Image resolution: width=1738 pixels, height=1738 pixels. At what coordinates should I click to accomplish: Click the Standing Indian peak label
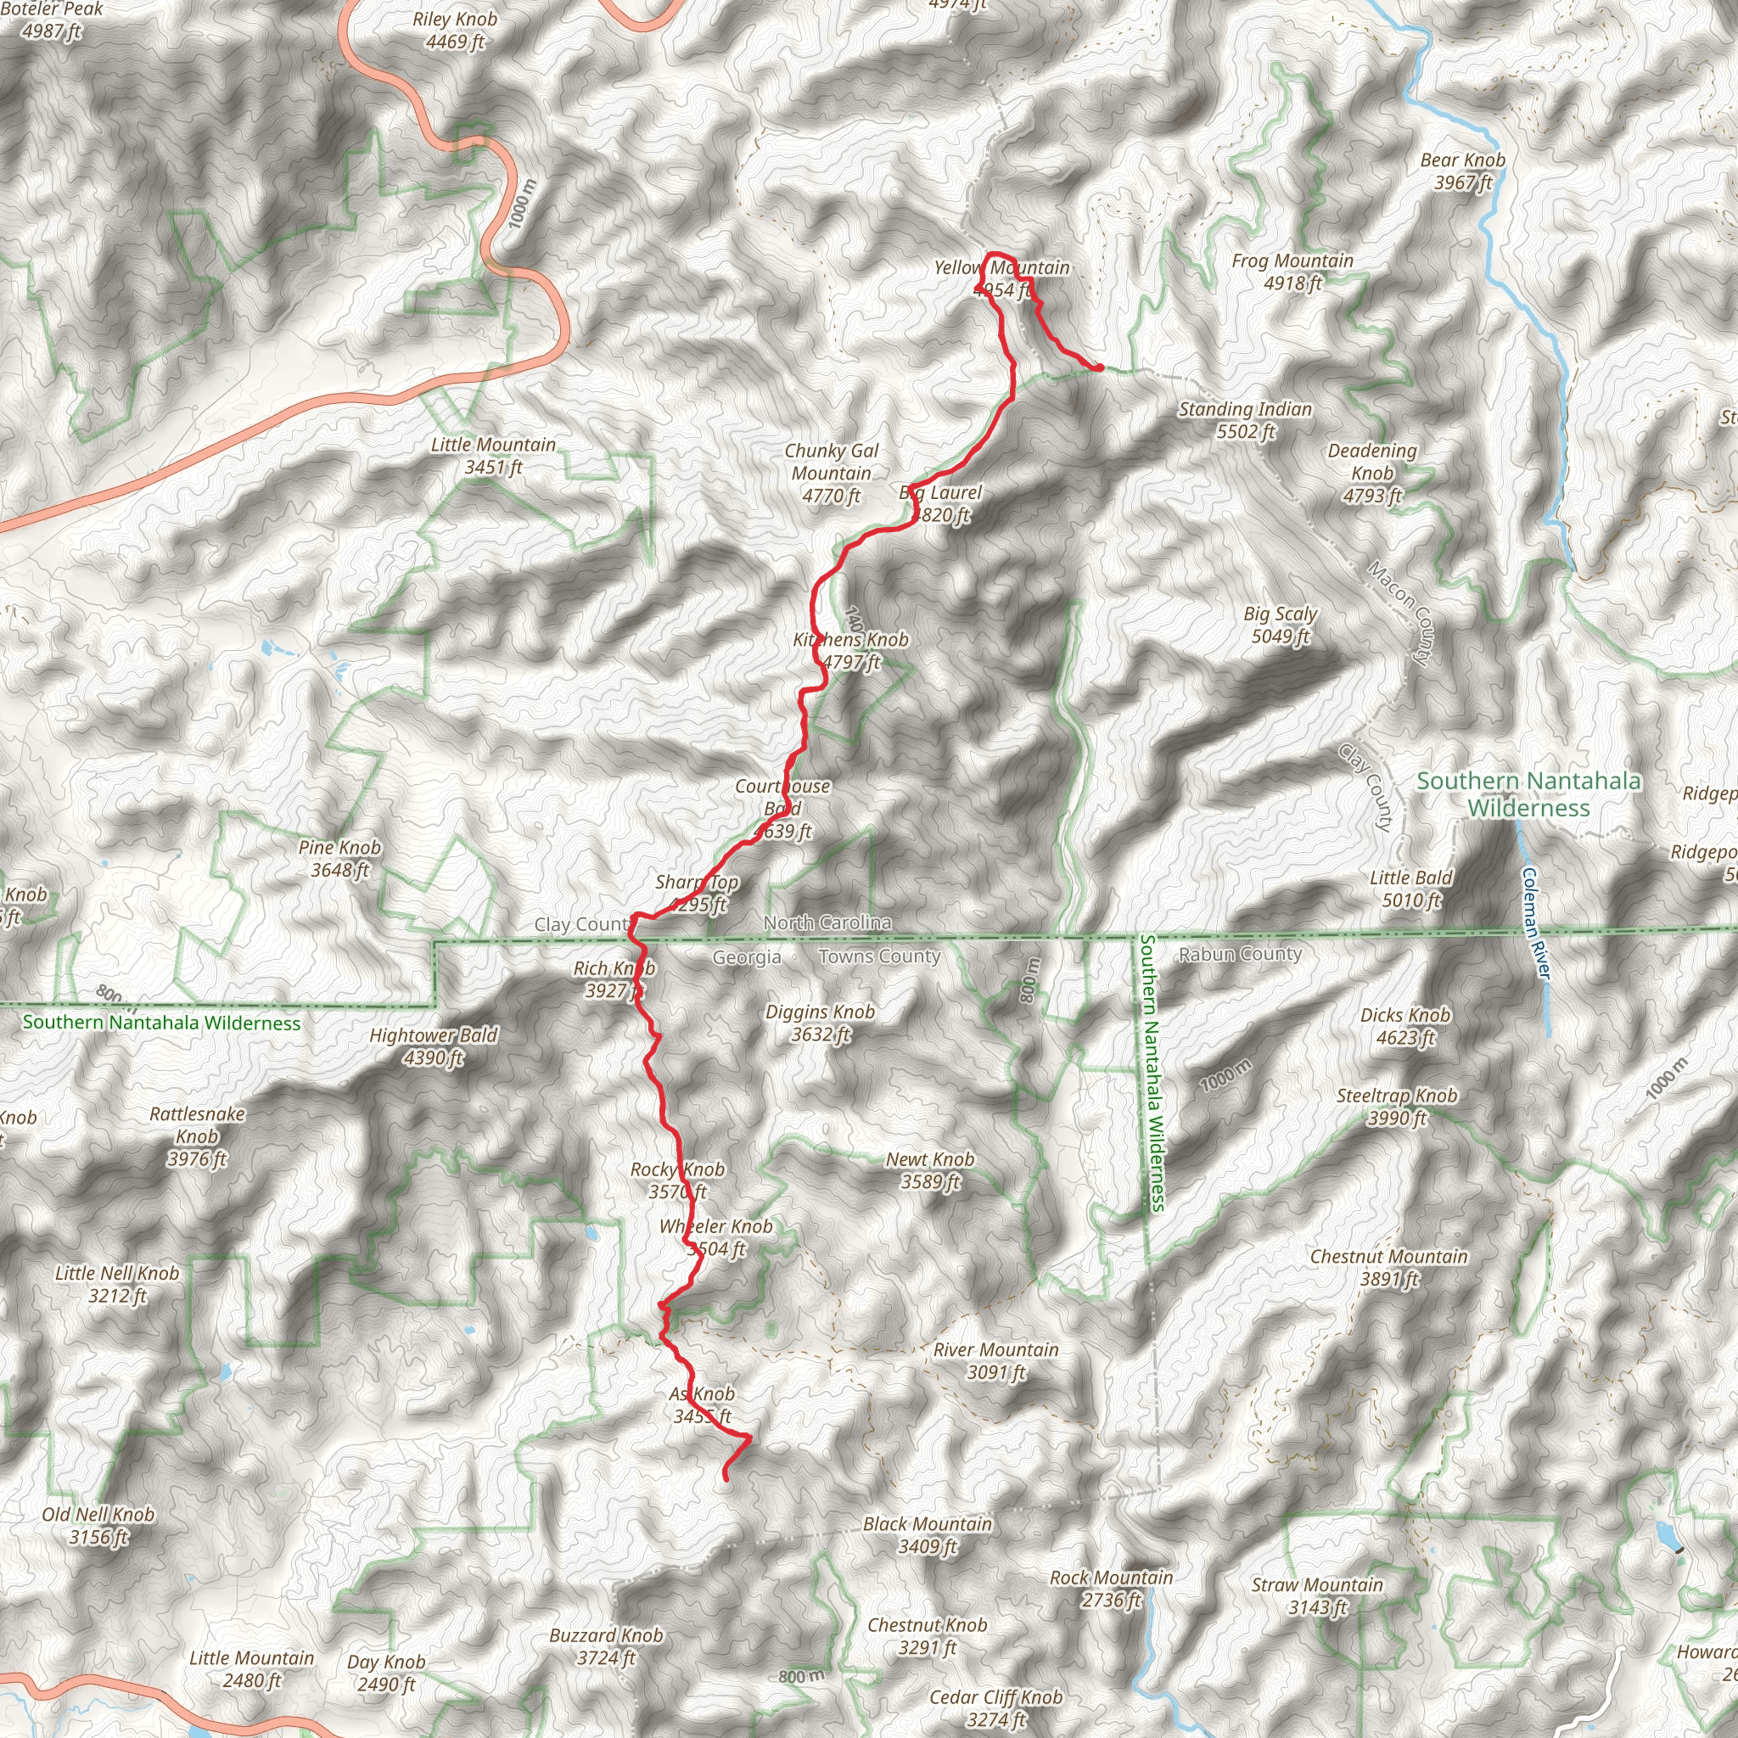pyautogui.click(x=1245, y=420)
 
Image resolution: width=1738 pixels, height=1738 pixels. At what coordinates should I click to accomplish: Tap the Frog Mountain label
pyautogui.click(x=1292, y=272)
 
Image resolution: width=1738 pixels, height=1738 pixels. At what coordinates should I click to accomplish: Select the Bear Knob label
pyautogui.click(x=1463, y=171)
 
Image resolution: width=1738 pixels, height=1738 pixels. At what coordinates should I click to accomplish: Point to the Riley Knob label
pyautogui.click(x=455, y=30)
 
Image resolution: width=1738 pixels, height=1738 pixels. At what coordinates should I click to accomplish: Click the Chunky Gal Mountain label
pyautogui.click(x=831, y=474)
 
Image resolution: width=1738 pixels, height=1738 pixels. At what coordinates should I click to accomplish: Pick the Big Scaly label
pyautogui.click(x=1280, y=625)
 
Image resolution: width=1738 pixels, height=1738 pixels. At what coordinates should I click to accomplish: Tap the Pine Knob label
pyautogui.click(x=339, y=858)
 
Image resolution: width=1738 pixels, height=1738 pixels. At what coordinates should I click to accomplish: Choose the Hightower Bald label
pyautogui.click(x=434, y=1046)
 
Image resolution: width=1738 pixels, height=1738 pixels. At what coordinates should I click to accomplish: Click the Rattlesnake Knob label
pyautogui.click(x=197, y=1136)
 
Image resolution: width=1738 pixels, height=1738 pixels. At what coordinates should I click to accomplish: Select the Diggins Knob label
pyautogui.click(x=820, y=1023)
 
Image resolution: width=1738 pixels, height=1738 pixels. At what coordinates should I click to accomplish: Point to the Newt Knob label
pyautogui.click(x=930, y=1170)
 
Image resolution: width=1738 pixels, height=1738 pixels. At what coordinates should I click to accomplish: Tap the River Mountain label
pyautogui.click(x=995, y=1361)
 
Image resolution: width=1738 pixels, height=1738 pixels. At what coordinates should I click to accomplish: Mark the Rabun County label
pyautogui.click(x=1240, y=955)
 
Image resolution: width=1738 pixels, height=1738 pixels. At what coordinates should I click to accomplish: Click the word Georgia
pyautogui.click(x=746, y=958)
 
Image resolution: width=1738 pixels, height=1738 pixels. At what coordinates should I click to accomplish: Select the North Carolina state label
pyautogui.click(x=827, y=923)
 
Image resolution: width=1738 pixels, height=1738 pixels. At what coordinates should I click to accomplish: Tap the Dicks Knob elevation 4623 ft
pyautogui.click(x=1405, y=1037)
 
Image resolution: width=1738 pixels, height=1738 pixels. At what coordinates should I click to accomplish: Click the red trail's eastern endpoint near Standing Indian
pyautogui.click(x=1099, y=367)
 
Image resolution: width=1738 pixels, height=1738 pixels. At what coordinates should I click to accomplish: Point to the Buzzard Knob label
pyautogui.click(x=606, y=1646)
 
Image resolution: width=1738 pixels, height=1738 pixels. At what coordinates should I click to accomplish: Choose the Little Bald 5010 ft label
pyautogui.click(x=1411, y=889)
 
